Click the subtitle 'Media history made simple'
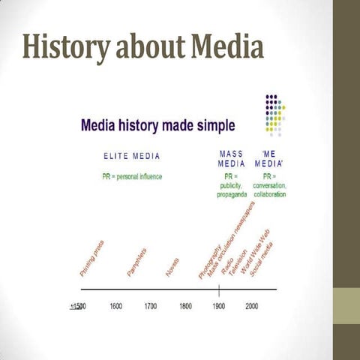click(x=157, y=123)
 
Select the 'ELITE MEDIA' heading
click(x=131, y=156)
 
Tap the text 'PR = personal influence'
click(x=132, y=176)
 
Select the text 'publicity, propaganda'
click(x=231, y=190)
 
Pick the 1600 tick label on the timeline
click(x=116, y=307)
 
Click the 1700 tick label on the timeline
click(x=151, y=307)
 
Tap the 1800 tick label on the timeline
click(x=184, y=307)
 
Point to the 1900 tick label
click(x=218, y=307)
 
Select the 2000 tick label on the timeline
click(x=252, y=307)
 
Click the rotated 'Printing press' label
click(x=91, y=259)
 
